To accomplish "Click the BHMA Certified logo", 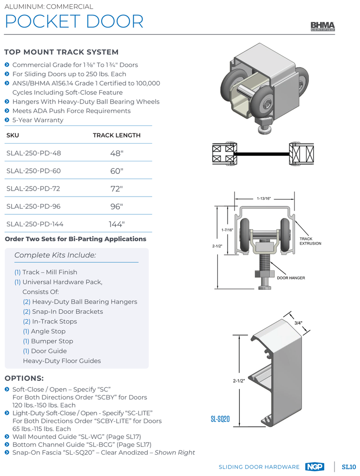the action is pos(323,26).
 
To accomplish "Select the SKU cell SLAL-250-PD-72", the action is pos(33,189).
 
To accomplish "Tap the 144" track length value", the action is pos(117,224).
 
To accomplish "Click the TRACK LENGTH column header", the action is pos(117,135).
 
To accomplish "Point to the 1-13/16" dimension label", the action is pos(263,198).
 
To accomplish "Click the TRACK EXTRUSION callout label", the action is pos(310,241).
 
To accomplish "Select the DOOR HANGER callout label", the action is pos(291,278).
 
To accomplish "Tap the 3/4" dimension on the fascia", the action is pos(298,323).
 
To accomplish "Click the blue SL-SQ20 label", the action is pos(220,419).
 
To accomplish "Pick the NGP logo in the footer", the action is pos(315,467).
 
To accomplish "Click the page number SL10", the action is pos(349,467).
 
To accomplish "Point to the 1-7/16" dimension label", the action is pos(227,230).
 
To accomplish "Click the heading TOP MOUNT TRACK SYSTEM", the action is pos(61,52).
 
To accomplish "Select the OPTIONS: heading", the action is pos(24,378).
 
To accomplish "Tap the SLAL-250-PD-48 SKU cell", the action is pos(33,153).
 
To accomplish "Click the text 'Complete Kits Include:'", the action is pos(55,255).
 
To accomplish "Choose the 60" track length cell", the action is pos(117,171).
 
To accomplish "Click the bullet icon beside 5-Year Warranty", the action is pos(7,120).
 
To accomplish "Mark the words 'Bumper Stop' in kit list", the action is pos(52,341).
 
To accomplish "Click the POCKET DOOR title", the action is pos(74,21).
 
